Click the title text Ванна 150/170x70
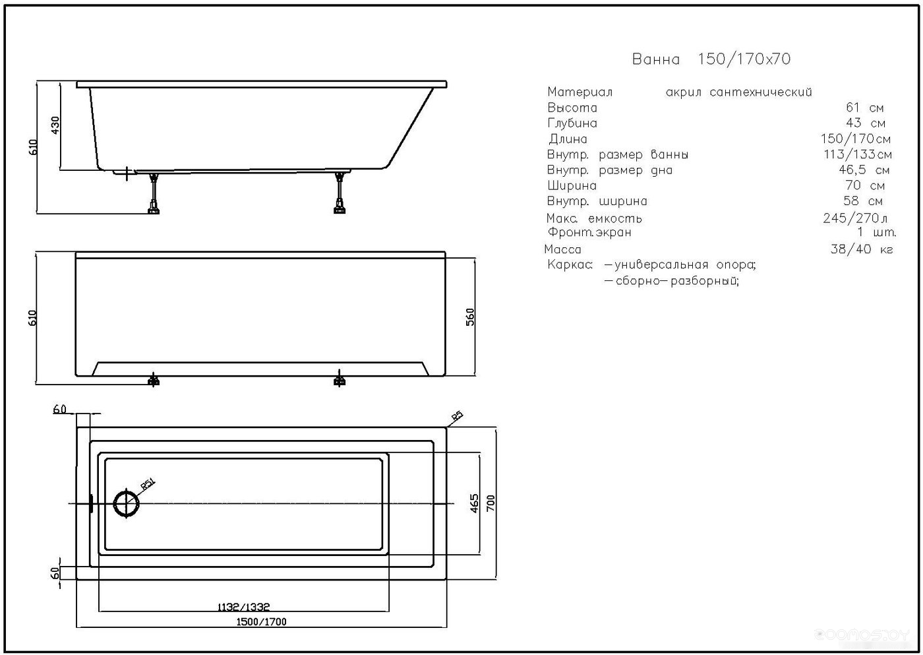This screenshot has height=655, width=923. (711, 59)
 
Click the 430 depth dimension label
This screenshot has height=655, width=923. (55, 125)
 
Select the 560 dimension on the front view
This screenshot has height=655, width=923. (470, 317)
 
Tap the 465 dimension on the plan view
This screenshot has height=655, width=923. (474, 503)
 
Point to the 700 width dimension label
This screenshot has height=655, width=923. (491, 503)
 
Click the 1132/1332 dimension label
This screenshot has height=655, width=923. (243, 607)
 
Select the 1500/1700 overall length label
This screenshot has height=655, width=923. (261, 621)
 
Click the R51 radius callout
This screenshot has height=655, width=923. (147, 483)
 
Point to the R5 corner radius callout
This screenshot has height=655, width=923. (457, 416)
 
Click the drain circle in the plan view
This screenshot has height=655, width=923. (127, 503)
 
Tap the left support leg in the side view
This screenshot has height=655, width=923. (154, 193)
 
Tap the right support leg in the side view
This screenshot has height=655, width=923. (339, 193)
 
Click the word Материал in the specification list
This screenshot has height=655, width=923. (580, 92)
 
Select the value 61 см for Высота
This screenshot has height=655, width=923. (864, 108)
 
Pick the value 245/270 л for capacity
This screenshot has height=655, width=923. (855, 218)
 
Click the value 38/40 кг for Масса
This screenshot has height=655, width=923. (862, 249)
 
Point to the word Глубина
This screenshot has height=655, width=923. (572, 123)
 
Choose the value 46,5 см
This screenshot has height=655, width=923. (864, 170)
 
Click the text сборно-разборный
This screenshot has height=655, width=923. (672, 281)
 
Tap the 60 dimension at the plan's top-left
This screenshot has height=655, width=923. (60, 409)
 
